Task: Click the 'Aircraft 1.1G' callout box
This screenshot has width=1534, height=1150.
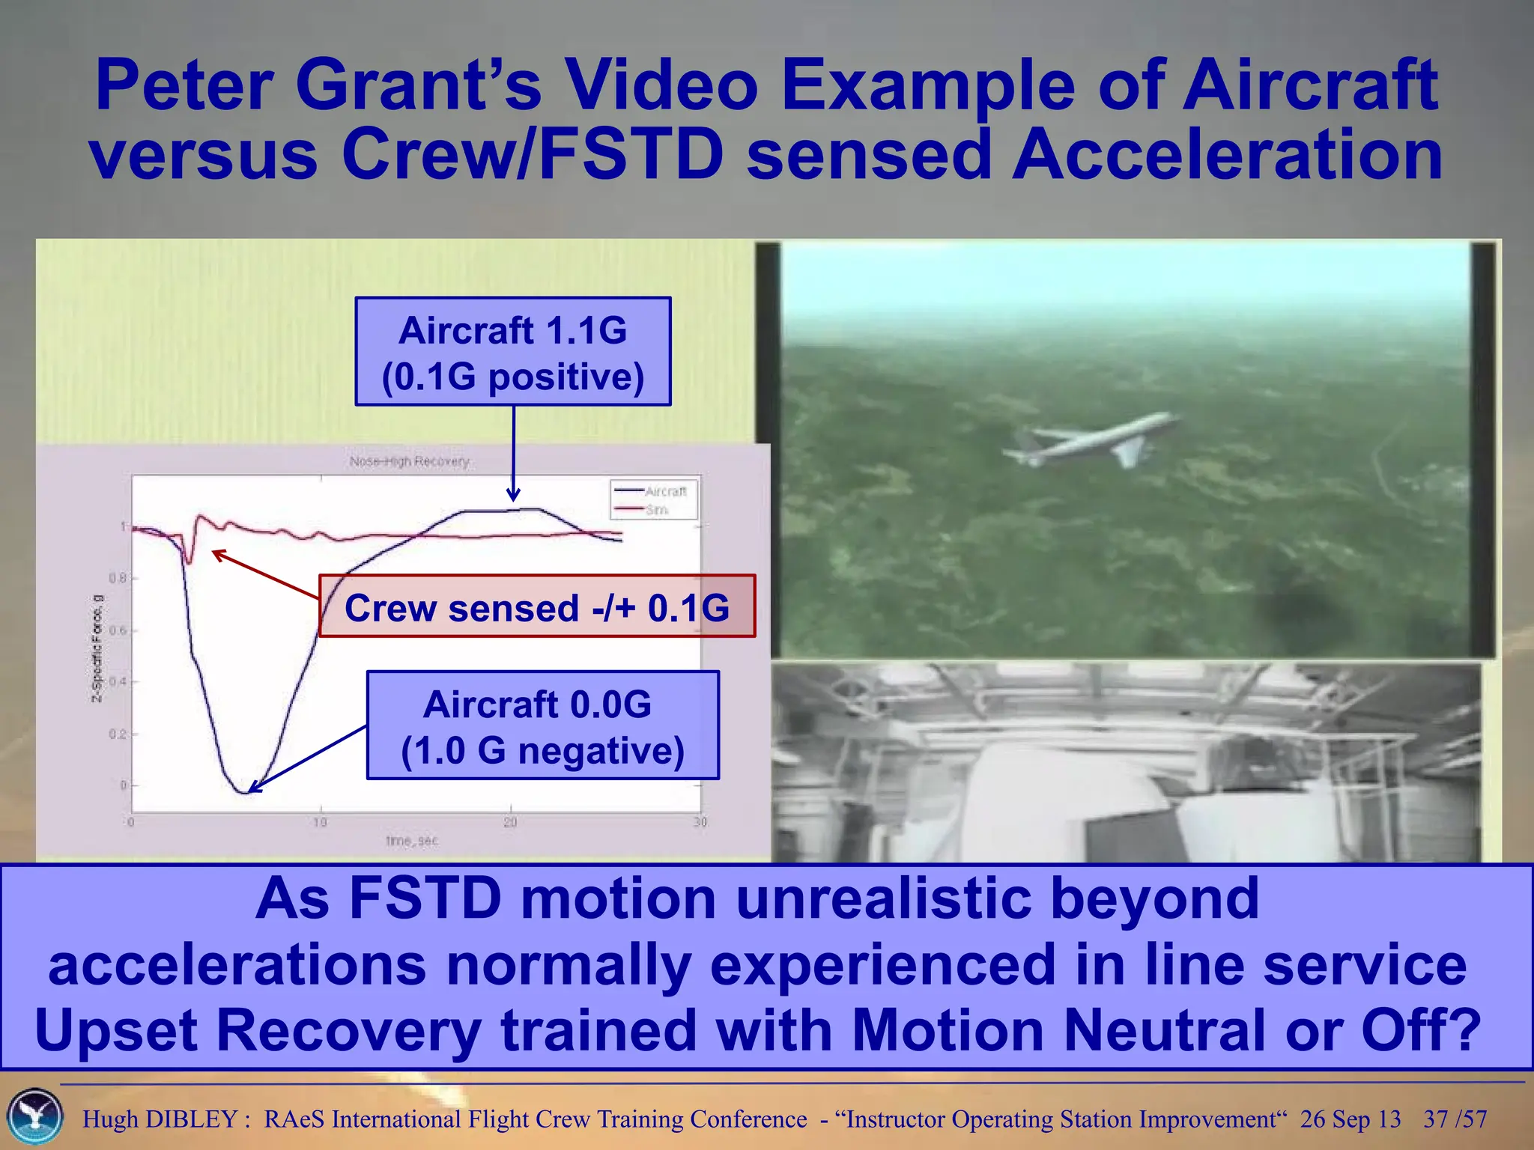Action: coord(512,351)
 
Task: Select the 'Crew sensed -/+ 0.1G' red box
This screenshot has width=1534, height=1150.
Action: coord(536,606)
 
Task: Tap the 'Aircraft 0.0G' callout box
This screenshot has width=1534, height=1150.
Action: coord(542,725)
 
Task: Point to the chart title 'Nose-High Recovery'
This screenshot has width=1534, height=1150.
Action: coord(409,461)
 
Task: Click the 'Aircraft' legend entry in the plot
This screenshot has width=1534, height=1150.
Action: coord(664,491)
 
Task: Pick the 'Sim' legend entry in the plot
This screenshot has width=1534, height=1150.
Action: coord(656,510)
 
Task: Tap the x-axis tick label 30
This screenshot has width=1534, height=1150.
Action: coord(700,822)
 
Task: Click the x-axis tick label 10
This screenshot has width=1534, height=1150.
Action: coord(320,822)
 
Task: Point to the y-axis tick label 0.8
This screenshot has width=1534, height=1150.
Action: coord(118,578)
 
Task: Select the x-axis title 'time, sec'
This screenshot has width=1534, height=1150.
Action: coord(411,841)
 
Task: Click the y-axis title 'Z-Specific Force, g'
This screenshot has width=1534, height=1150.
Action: coord(97,648)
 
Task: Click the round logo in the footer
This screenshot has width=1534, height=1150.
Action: coord(34,1116)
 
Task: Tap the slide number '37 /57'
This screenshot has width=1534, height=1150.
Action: coord(1455,1119)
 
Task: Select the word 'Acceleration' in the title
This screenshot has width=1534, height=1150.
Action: coord(1227,155)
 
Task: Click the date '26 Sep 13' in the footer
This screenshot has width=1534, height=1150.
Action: coord(1350,1119)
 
